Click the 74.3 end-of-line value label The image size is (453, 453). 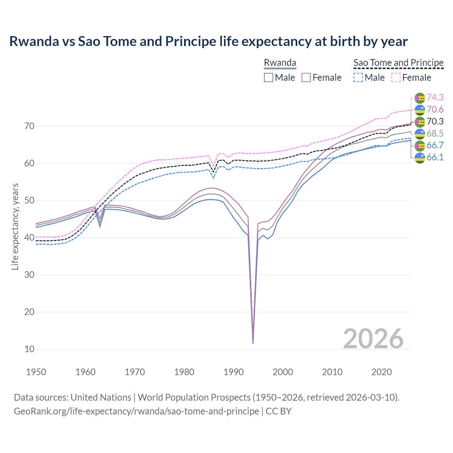click(435, 97)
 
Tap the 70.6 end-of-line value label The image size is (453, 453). click(435, 109)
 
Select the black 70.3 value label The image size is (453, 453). click(435, 121)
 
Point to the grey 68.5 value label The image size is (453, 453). click(435, 133)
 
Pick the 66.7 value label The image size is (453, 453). click(435, 145)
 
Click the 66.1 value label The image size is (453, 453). click(435, 157)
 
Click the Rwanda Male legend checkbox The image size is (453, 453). click(269, 78)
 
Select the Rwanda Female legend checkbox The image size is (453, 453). click(306, 78)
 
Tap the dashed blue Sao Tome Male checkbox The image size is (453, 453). click(358, 78)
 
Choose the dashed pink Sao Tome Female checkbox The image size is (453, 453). click(396, 78)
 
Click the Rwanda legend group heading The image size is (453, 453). click(280, 63)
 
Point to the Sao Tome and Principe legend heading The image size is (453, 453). click(398, 63)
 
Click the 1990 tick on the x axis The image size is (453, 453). click(234, 372)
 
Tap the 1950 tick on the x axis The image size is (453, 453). click(36, 372)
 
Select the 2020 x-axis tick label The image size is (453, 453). click(382, 372)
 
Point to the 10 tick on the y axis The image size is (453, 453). click(30, 349)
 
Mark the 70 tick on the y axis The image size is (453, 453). click(30, 126)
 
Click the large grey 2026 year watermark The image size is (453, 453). click(373, 339)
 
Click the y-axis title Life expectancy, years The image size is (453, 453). click(15, 226)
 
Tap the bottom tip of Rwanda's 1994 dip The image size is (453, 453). click(253, 343)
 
